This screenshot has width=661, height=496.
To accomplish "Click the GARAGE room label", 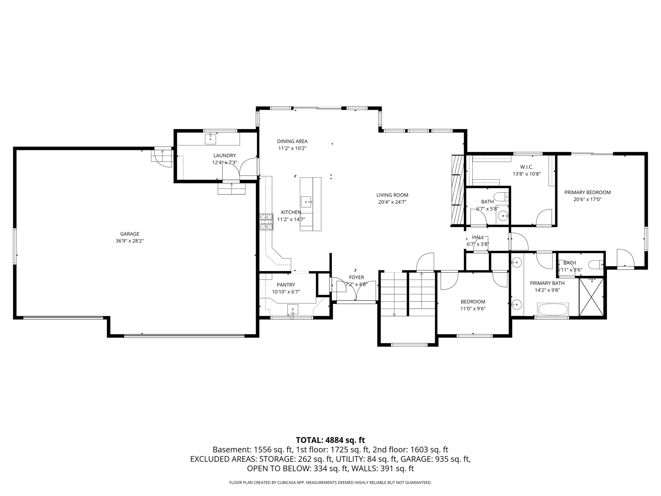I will coord(130,234).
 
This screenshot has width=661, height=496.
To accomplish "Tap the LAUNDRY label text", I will coord(224,155).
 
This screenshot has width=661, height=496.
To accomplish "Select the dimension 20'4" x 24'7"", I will coord(392,202).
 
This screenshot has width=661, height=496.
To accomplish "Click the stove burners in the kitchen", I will coord(267,222).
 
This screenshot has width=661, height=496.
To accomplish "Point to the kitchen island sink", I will coord(306,202).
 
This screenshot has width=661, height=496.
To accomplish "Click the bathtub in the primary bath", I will coord(553,310).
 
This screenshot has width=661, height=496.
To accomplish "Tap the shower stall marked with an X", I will coord(591,297).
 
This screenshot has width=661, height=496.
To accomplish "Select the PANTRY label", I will coord(286,284).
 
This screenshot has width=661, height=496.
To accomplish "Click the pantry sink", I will coord(293,309).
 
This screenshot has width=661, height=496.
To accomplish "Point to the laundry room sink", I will coord(210,139).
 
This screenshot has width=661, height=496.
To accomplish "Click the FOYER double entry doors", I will coord(356,291).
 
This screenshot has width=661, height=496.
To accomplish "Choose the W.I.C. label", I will coord(526,167).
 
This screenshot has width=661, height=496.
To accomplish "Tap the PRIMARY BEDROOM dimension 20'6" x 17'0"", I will coord(587,199).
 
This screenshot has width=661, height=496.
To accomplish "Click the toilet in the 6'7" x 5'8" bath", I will coord(502,196).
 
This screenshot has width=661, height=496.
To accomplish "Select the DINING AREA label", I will coord(292,141).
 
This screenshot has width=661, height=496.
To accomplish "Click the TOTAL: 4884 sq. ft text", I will coord(330,440).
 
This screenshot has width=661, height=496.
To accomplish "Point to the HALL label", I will coord(478,237).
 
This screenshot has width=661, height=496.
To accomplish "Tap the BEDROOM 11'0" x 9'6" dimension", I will coord(473,308).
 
